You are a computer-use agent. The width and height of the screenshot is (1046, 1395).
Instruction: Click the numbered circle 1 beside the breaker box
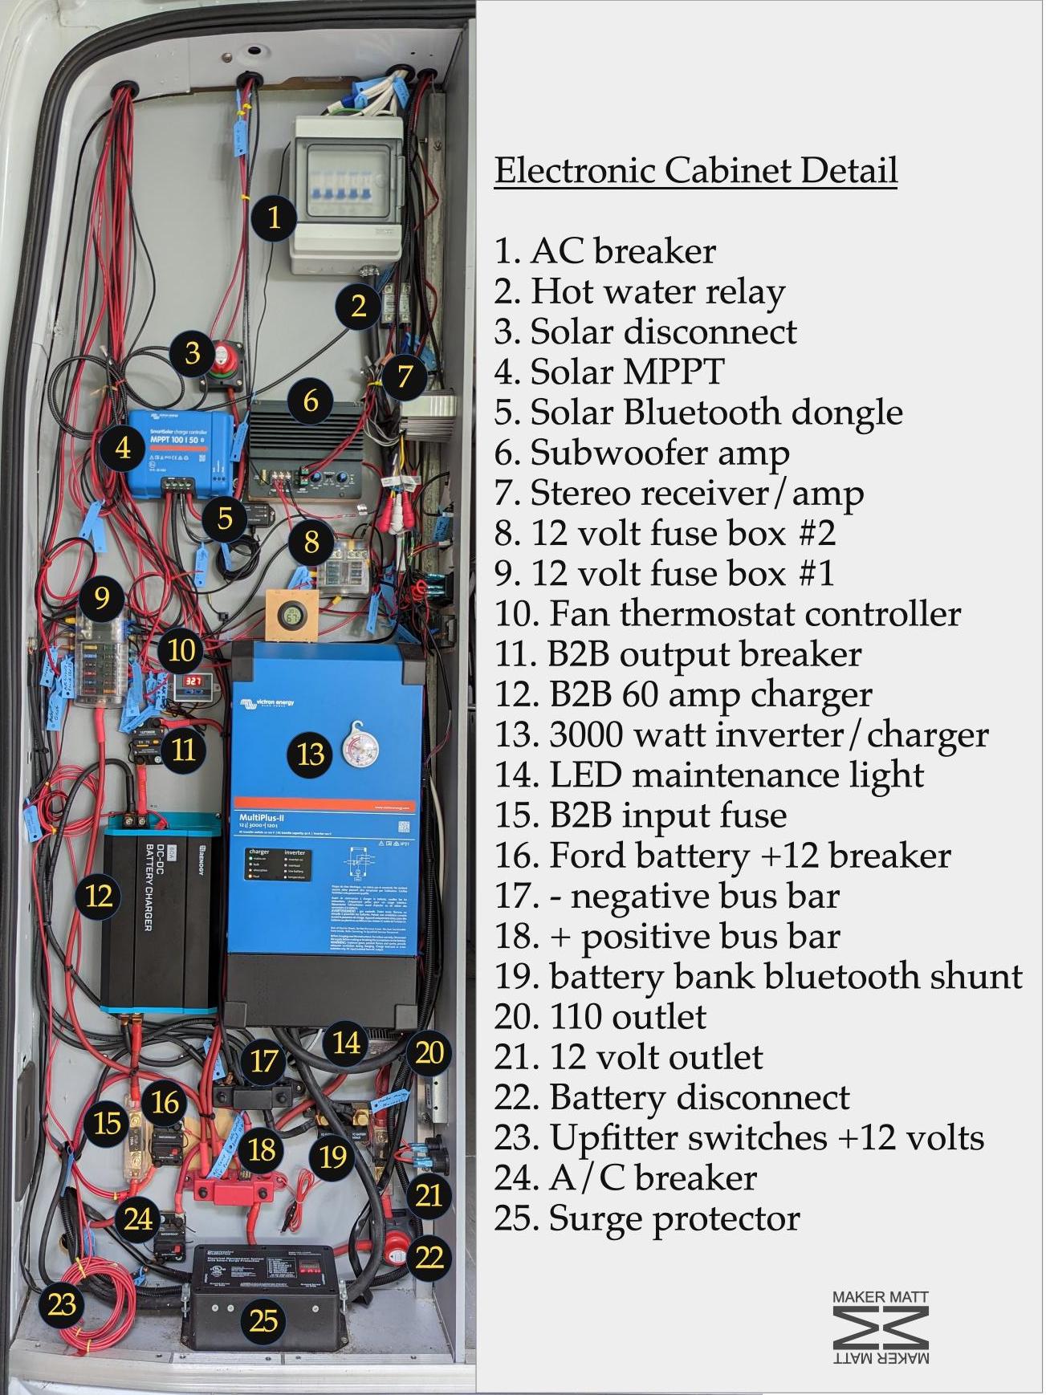point(274,217)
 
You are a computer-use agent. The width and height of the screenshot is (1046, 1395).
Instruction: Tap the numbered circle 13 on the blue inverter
point(311,754)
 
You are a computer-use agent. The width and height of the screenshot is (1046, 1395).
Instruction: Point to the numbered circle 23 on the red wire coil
point(62,1304)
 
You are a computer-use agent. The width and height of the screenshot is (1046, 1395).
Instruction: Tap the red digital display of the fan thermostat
point(193,682)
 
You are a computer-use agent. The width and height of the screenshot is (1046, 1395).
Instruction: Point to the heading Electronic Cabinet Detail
point(695,171)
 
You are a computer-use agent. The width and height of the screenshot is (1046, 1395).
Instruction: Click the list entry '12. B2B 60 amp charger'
point(683,694)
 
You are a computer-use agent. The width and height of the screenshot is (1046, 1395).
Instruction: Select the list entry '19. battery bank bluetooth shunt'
point(759,976)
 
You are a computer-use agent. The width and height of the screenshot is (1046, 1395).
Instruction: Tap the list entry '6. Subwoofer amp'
point(641,453)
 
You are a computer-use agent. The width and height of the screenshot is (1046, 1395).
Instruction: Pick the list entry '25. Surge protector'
point(647,1218)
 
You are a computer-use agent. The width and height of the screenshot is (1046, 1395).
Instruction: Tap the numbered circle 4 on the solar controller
point(123,447)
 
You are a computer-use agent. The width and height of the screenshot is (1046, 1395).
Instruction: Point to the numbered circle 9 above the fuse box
point(101,597)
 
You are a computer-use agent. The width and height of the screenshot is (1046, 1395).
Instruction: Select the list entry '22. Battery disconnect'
point(672,1097)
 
